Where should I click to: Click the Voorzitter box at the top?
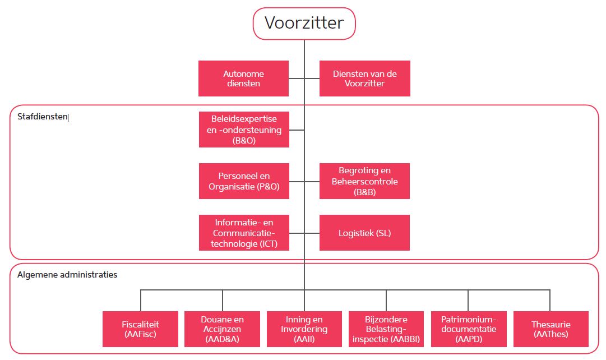pyautogui.click(x=304, y=24)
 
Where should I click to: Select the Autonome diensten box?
pyautogui.click(x=243, y=79)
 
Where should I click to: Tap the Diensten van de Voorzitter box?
pyautogui.click(x=364, y=79)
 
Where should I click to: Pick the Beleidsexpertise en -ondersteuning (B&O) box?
pyautogui.click(x=244, y=130)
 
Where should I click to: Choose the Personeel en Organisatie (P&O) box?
pyautogui.click(x=244, y=181)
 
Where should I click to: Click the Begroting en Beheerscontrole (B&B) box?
pyautogui.click(x=364, y=181)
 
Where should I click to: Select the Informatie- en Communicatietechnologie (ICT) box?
pyautogui.click(x=244, y=233)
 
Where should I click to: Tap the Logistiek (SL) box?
pyautogui.click(x=364, y=233)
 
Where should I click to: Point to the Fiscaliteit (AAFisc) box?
pyautogui.click(x=140, y=329)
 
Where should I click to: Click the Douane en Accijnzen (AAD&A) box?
pyautogui.click(x=222, y=329)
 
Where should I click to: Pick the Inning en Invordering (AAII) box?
pyautogui.click(x=304, y=329)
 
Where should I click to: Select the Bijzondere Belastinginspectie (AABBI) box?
pyautogui.click(x=386, y=329)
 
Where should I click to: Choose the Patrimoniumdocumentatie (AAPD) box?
pyautogui.click(x=468, y=329)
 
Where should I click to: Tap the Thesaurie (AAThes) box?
pyautogui.click(x=551, y=329)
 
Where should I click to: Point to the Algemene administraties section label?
pyautogui.click(x=67, y=275)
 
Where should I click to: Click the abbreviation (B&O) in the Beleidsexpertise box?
pyautogui.click(x=244, y=141)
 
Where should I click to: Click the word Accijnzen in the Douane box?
pyautogui.click(x=222, y=329)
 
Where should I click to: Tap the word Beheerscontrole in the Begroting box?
pyautogui.click(x=364, y=181)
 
